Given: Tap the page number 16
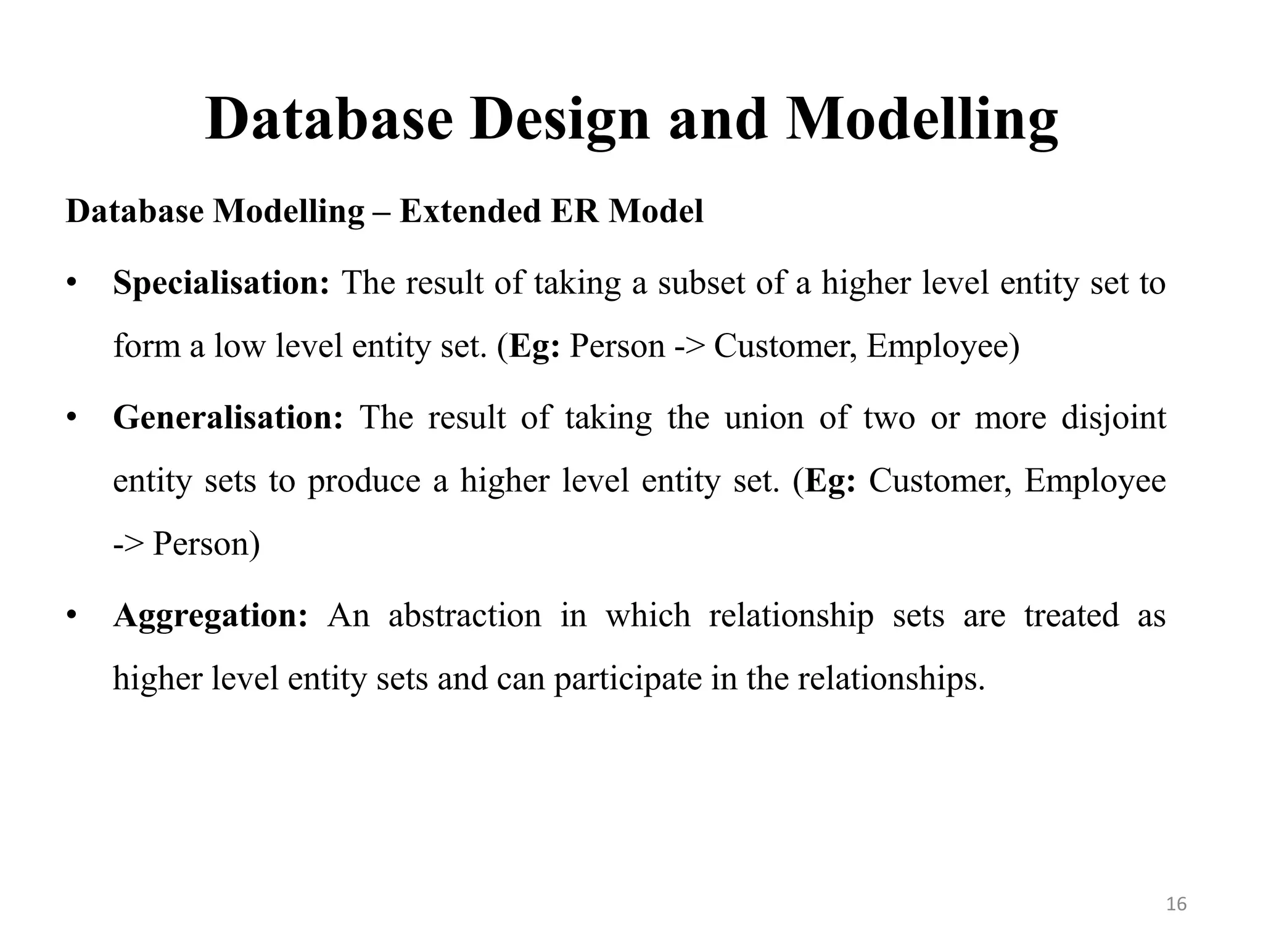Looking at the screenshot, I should [x=1177, y=904].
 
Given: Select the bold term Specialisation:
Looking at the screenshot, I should [x=221, y=283].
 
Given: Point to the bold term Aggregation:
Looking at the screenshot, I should [x=210, y=616].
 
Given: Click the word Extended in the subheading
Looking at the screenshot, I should [x=469, y=211].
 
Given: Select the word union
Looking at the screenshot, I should [x=763, y=417].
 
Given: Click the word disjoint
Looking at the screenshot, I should [x=1114, y=419].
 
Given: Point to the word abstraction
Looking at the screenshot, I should [x=464, y=616].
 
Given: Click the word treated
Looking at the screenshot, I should [x=1071, y=616].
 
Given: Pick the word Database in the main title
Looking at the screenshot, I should [x=329, y=120].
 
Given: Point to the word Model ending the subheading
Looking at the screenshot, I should [x=656, y=211].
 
